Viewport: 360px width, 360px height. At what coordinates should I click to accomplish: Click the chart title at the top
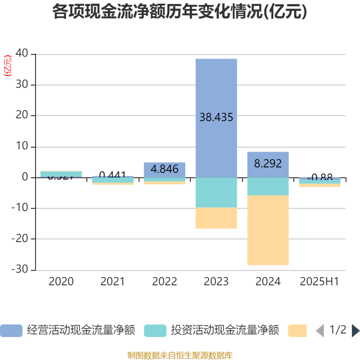coord(180,12)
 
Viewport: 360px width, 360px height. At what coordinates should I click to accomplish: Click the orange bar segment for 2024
coord(268,230)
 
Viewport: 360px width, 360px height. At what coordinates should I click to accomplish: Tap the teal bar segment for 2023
coord(216,193)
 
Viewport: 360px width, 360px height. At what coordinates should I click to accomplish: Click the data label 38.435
coord(216,117)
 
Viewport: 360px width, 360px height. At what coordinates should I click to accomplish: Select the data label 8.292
coord(268,163)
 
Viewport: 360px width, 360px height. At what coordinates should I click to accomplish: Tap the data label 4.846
coord(164,169)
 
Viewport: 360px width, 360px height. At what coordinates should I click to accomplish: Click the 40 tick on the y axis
coord(22,54)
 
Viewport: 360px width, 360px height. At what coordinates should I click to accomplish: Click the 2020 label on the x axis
coord(61,282)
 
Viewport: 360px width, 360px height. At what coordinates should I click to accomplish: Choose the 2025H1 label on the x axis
coord(319,282)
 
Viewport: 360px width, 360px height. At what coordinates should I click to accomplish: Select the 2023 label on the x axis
coord(216,282)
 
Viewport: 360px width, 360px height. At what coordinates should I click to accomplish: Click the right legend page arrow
coord(355,331)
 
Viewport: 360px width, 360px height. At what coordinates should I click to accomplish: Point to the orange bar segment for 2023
coord(216,218)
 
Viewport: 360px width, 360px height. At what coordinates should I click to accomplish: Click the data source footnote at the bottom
coord(180,355)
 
